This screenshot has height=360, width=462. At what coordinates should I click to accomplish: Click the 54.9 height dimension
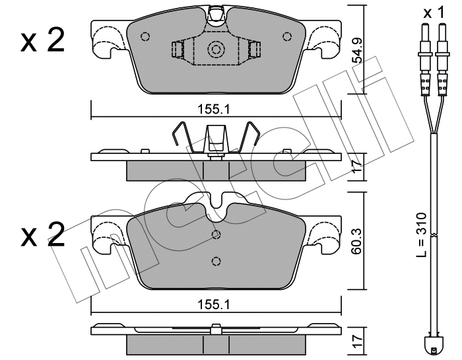point(358,51)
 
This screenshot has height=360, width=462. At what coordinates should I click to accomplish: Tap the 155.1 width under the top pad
point(213,110)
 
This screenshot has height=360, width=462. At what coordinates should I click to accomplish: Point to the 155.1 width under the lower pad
point(213,305)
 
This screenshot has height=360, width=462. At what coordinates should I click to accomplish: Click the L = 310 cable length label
point(422,234)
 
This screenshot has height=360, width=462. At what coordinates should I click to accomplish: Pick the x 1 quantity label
point(434,13)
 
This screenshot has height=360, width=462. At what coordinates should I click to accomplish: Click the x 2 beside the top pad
point(42,41)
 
